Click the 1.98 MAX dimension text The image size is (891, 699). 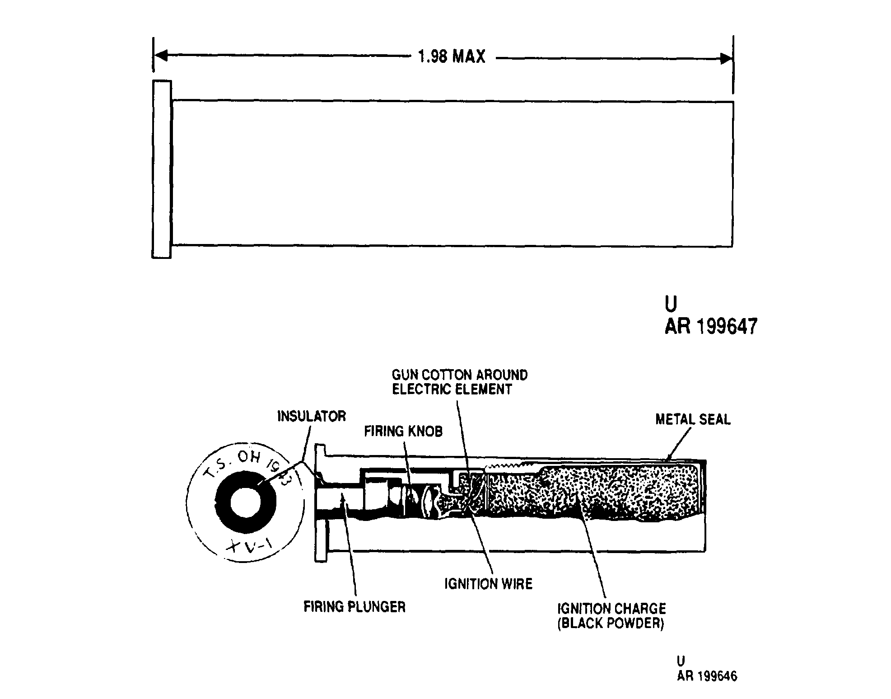pos(452,57)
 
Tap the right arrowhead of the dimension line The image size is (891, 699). pos(726,58)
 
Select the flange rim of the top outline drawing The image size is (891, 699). pos(162,169)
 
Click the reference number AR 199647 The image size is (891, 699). pos(711,326)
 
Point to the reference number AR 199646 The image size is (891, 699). pos(707,676)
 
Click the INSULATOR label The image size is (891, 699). pos(312,416)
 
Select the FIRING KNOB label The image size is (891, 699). pos(403,431)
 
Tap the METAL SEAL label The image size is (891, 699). pos(693,419)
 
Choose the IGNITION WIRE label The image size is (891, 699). pos(489,584)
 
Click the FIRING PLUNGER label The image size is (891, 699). pos(355,606)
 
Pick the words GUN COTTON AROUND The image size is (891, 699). pos(460,375)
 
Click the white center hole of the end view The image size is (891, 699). pos(246,502)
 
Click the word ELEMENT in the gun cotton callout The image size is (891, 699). pos(486,389)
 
